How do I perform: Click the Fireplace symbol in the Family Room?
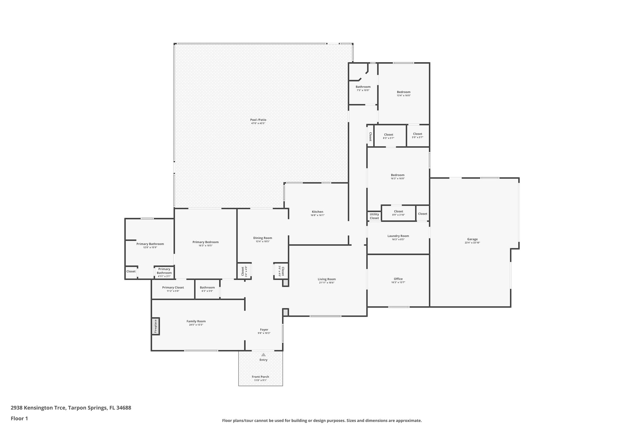tap(155, 326)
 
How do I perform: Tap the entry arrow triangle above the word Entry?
tap(264, 355)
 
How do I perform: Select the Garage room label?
tap(472, 239)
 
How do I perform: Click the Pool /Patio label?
tap(258, 120)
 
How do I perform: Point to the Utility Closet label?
tap(374, 216)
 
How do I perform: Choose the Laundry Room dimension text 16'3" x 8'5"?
tap(398, 239)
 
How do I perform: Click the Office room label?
tap(398, 279)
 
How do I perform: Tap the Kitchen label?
tap(317, 212)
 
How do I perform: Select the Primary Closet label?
tap(173, 288)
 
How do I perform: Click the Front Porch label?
tap(260, 377)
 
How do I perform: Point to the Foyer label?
tap(264, 330)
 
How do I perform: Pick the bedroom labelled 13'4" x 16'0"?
tap(403, 92)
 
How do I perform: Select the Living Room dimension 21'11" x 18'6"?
tap(327, 283)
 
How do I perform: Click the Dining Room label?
tap(263, 238)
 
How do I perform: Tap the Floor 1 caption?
tap(19, 418)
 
